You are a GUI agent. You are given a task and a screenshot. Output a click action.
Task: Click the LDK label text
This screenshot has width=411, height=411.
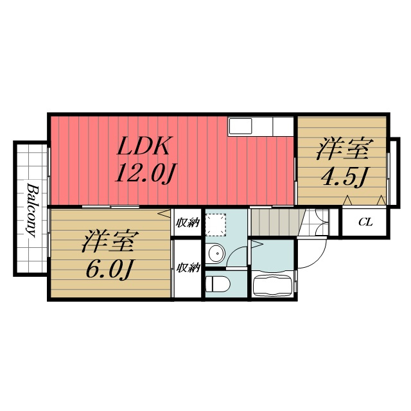pyautogui.click(x=143, y=146)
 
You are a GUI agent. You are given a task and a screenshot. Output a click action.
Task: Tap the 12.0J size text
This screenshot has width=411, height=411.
pyautogui.click(x=146, y=173)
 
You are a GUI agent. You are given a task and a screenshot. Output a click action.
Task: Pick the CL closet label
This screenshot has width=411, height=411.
pyautogui.click(x=365, y=222)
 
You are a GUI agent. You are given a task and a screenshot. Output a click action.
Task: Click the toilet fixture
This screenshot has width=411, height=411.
pyautogui.click(x=218, y=284)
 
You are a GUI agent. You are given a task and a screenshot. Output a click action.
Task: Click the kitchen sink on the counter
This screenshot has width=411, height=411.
pyautogui.click(x=240, y=126)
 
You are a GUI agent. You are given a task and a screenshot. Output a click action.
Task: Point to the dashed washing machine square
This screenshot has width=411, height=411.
pyautogui.click(x=216, y=225)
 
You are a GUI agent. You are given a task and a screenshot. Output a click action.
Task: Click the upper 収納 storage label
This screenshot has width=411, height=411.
pyautogui.click(x=188, y=223)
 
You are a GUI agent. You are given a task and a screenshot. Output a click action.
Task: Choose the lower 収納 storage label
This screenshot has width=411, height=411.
pyautogui.click(x=188, y=268)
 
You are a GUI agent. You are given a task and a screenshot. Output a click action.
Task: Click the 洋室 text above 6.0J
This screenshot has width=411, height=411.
pyautogui.click(x=110, y=241)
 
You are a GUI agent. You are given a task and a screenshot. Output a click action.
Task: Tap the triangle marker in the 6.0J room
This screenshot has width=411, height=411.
pyautogui.click(x=164, y=213)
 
